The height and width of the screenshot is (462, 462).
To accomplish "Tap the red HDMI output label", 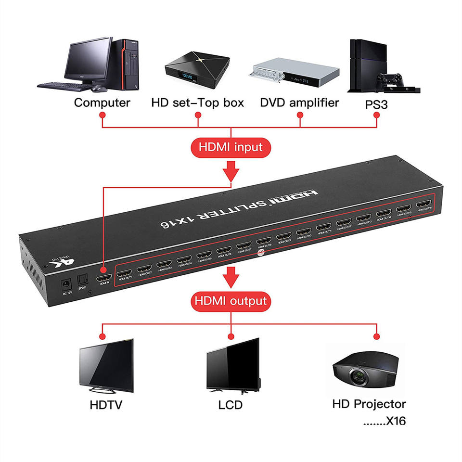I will tap(231, 301).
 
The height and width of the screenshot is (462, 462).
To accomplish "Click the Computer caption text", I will tap(102, 103).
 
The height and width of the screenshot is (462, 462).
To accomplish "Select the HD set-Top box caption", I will tap(198, 103).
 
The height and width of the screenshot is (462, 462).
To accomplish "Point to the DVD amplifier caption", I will tap(299, 103).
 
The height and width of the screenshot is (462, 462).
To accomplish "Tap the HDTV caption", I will tap(106, 405).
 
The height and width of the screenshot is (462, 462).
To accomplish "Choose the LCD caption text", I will tap(231, 405).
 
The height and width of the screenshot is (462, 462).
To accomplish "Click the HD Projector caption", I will tap(369, 404).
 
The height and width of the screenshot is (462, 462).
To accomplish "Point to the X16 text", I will tap(396, 421).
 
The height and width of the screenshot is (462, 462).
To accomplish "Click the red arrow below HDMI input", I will tap(231, 169).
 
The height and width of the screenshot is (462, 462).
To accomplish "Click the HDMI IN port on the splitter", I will tap(104, 279).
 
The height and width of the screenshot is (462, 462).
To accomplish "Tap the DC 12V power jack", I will tap(64, 284).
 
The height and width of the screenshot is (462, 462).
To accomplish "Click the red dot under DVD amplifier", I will tap(300, 115).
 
